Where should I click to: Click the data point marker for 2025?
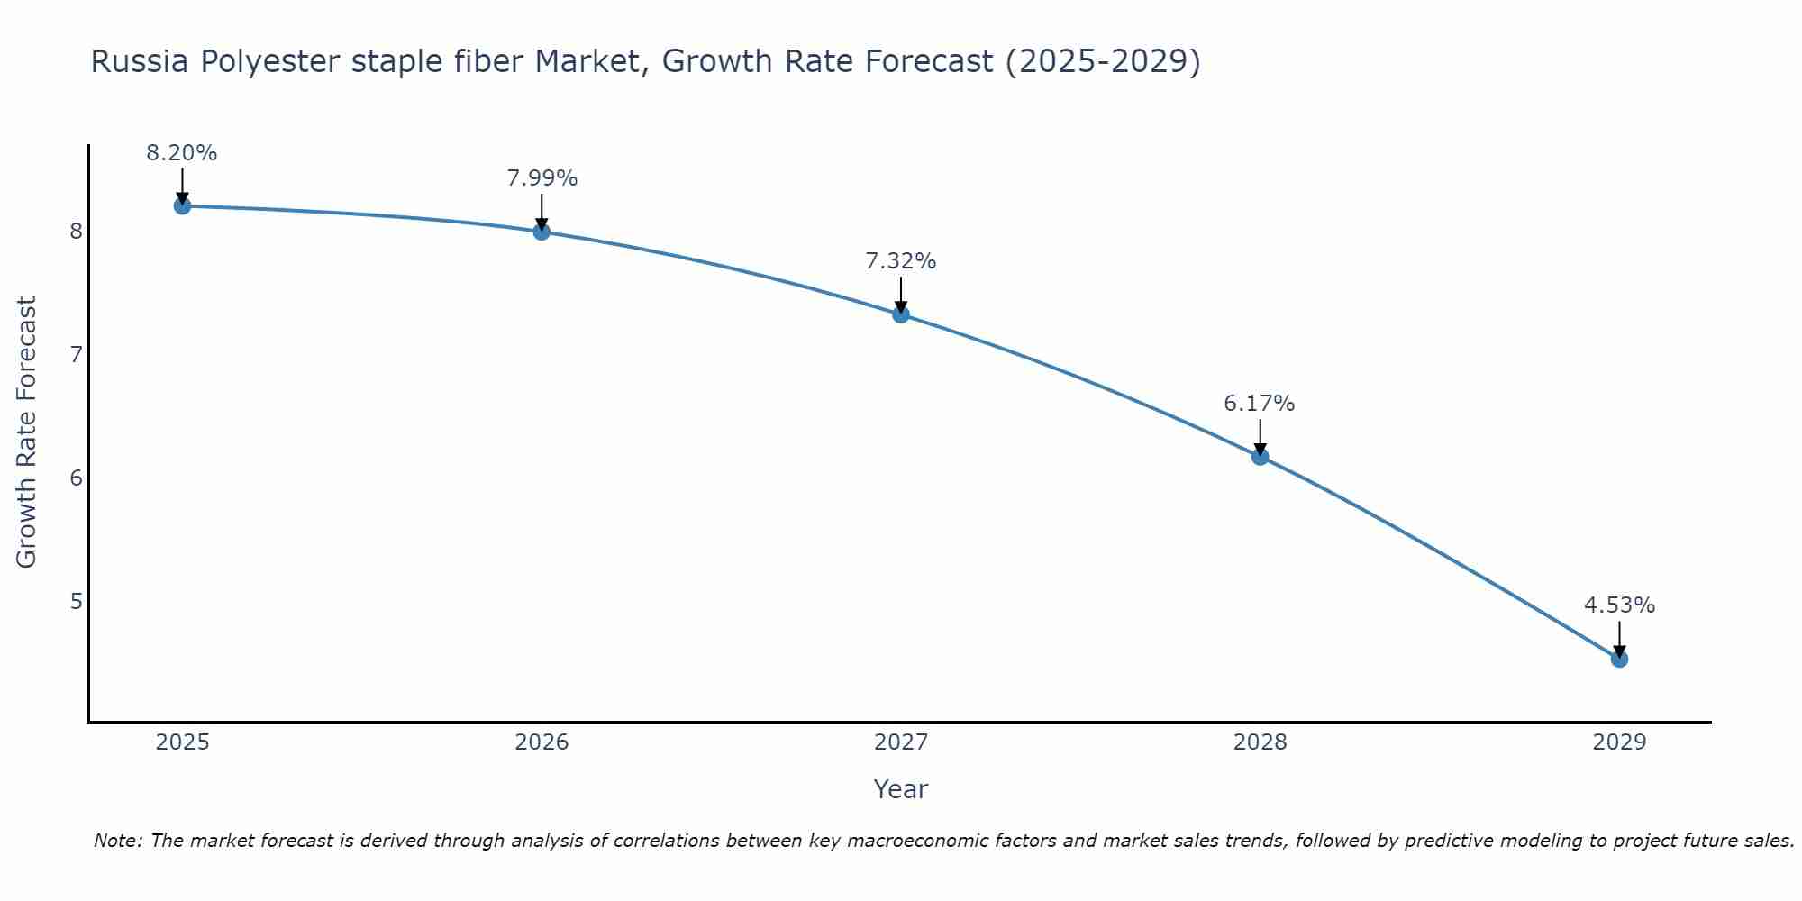[x=182, y=205]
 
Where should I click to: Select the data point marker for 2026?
[x=542, y=232]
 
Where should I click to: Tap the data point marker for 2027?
[x=901, y=314]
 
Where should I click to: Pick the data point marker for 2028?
[x=1260, y=457]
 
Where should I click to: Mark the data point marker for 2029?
[x=1619, y=659]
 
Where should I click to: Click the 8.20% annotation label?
[x=182, y=153]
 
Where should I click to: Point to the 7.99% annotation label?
[x=542, y=178]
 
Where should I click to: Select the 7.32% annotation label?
[x=901, y=261]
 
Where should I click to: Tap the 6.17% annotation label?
[x=1260, y=404]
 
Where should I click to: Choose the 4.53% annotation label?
[x=1619, y=605]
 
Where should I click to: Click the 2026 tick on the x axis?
[x=542, y=742]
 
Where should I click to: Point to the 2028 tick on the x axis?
[x=1260, y=742]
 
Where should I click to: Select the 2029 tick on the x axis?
[x=1619, y=742]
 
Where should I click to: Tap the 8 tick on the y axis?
[x=76, y=232]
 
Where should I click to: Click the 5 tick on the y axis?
[x=76, y=601]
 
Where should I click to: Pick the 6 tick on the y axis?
[x=76, y=478]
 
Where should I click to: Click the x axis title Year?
[x=901, y=789]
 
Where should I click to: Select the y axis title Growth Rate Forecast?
[x=27, y=432]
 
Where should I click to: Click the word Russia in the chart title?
[x=140, y=62]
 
